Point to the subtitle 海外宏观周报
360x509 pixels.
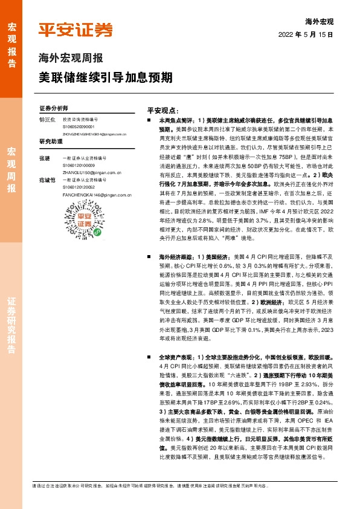[71, 59]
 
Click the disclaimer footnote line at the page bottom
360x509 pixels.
[181, 485]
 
